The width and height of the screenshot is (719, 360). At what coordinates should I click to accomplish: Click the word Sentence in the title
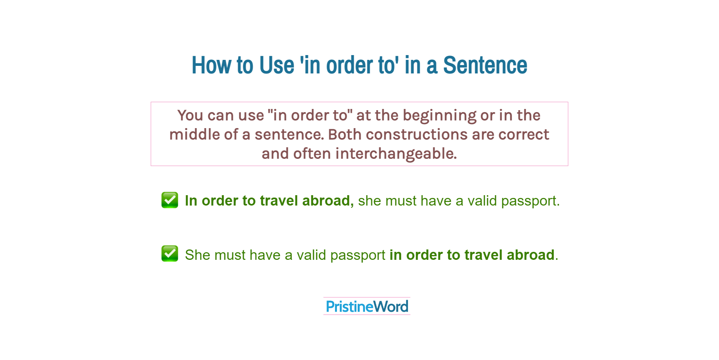(485, 65)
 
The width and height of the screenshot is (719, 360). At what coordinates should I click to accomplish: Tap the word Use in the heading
(277, 65)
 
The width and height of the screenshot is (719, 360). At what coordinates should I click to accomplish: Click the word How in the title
(211, 65)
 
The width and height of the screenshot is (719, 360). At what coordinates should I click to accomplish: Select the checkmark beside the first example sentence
(170, 200)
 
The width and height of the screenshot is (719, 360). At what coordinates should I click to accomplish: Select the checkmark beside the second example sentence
(170, 254)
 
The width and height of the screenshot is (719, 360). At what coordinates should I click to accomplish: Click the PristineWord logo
(367, 306)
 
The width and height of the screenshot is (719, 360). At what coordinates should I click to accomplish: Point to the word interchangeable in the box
(396, 154)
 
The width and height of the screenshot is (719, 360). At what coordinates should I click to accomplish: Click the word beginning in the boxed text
(439, 116)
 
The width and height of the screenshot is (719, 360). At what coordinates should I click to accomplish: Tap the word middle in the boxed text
(194, 135)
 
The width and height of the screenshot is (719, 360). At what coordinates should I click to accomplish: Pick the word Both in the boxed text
(345, 135)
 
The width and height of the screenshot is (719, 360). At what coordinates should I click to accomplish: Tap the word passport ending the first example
(530, 201)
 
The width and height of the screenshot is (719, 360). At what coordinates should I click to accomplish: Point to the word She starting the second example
(197, 255)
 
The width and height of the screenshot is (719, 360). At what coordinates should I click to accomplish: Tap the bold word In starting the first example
(191, 201)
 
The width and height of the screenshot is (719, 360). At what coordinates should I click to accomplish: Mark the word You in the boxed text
(190, 116)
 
